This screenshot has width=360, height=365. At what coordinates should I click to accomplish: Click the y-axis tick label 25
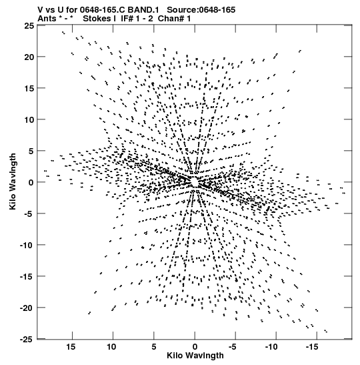coord(29,25)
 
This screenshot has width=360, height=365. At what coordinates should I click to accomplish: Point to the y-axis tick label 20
coord(29,57)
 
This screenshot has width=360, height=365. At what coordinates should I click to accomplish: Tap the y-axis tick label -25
coord(27,340)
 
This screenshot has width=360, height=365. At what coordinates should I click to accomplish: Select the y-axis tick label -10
coord(27,245)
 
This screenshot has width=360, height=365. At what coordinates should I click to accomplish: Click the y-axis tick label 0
coord(31,182)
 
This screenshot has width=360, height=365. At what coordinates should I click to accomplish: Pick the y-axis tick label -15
coord(27,276)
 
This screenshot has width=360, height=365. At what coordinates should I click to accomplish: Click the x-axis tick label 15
coord(71,347)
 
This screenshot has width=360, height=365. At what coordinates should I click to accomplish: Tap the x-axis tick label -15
coord(312,347)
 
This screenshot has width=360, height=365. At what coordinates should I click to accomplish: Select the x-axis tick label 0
coord(195,347)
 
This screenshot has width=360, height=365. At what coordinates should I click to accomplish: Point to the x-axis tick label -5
coord(233,347)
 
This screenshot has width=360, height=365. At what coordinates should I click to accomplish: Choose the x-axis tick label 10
coord(111,347)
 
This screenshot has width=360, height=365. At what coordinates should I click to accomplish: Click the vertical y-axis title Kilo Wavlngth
coord(13,181)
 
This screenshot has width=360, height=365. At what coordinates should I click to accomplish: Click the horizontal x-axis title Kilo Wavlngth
coord(195,356)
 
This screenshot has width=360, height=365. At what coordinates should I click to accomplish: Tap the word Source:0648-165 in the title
coord(201,10)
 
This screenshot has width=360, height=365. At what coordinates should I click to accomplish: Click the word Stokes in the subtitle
coord(97,19)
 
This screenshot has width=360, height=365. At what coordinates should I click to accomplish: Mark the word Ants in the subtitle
coord(47,19)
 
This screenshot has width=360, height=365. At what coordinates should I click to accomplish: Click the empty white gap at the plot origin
coord(195,181)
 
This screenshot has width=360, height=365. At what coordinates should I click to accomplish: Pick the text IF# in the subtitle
coord(127,19)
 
